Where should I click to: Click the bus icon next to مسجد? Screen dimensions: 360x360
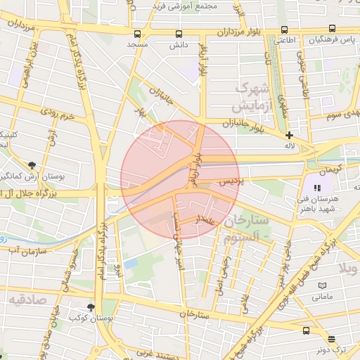click(136, 34)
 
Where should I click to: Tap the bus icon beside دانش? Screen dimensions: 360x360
click(178, 34)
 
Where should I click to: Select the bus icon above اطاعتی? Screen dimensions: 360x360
click(284, 30)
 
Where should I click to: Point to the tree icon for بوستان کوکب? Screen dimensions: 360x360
click(91, 307)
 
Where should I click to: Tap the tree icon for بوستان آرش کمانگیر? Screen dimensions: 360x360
click(32, 165)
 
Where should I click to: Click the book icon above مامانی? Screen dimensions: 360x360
click(322, 286)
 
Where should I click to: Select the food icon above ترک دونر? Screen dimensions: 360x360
click(307, 330)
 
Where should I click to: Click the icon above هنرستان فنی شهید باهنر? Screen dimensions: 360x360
click(317, 188)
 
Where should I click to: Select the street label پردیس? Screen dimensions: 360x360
click(229, 181)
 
